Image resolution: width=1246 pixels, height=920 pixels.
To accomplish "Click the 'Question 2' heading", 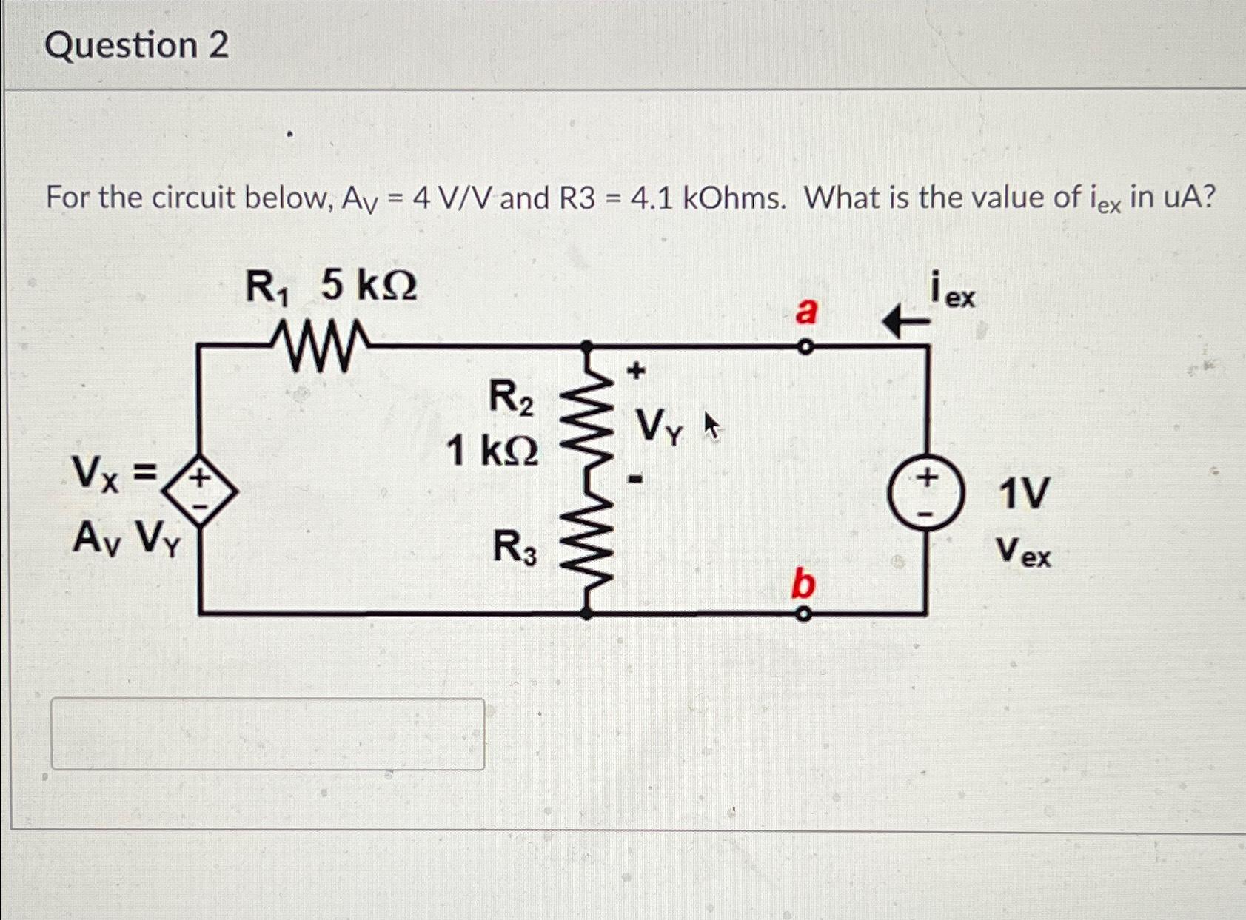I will (x=137, y=46).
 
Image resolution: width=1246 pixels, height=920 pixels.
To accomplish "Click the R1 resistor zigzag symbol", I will (x=319, y=345).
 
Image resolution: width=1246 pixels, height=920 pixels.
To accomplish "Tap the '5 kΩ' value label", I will (x=369, y=286).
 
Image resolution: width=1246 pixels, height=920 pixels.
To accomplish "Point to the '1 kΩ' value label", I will (x=492, y=450).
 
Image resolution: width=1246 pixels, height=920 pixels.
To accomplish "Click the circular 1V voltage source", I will (x=926, y=493).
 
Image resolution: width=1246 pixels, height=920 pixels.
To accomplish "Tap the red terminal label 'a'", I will (x=805, y=311).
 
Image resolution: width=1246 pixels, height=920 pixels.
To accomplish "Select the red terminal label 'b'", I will (x=803, y=584).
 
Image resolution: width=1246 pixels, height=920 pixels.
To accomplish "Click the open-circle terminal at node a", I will (x=805, y=346).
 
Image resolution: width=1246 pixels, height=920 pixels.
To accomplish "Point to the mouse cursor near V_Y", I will (x=711, y=426).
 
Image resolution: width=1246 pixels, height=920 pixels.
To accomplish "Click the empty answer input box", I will (x=267, y=733).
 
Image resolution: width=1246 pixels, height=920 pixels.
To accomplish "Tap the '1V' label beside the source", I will (x=1024, y=494).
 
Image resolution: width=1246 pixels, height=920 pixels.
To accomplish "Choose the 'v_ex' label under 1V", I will (x=1022, y=552).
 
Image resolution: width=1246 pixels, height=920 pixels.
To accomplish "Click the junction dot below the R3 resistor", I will (x=586, y=613).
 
